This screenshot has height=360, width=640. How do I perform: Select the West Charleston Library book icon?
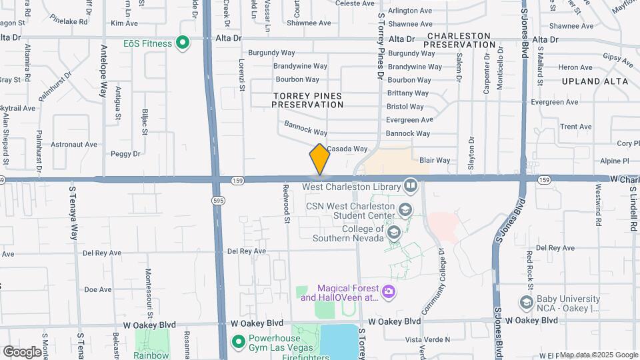pyautogui.click(x=409, y=185)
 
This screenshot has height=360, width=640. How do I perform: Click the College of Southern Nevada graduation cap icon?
pyautogui.click(x=393, y=232)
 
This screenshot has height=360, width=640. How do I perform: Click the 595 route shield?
pyautogui.click(x=218, y=200)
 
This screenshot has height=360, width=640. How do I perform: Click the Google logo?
pyautogui.click(x=22, y=351)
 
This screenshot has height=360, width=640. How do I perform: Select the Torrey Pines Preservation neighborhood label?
pyautogui.click(x=307, y=100)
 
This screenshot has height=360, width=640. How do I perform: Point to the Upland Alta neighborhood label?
pyautogui.click(x=595, y=81)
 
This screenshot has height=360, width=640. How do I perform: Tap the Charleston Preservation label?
pyautogui.click(x=460, y=39)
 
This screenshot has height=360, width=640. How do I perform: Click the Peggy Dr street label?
pyautogui.click(x=126, y=153)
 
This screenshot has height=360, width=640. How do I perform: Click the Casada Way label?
pyautogui.click(x=347, y=149)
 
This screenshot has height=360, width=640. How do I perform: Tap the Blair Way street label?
pyautogui.click(x=435, y=160)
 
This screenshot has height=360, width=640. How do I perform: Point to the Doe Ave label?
pyautogui.click(x=97, y=289)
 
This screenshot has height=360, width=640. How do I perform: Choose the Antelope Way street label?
pyautogui.click(x=103, y=72)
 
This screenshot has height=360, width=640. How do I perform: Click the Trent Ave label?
pyautogui.click(x=576, y=127)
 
